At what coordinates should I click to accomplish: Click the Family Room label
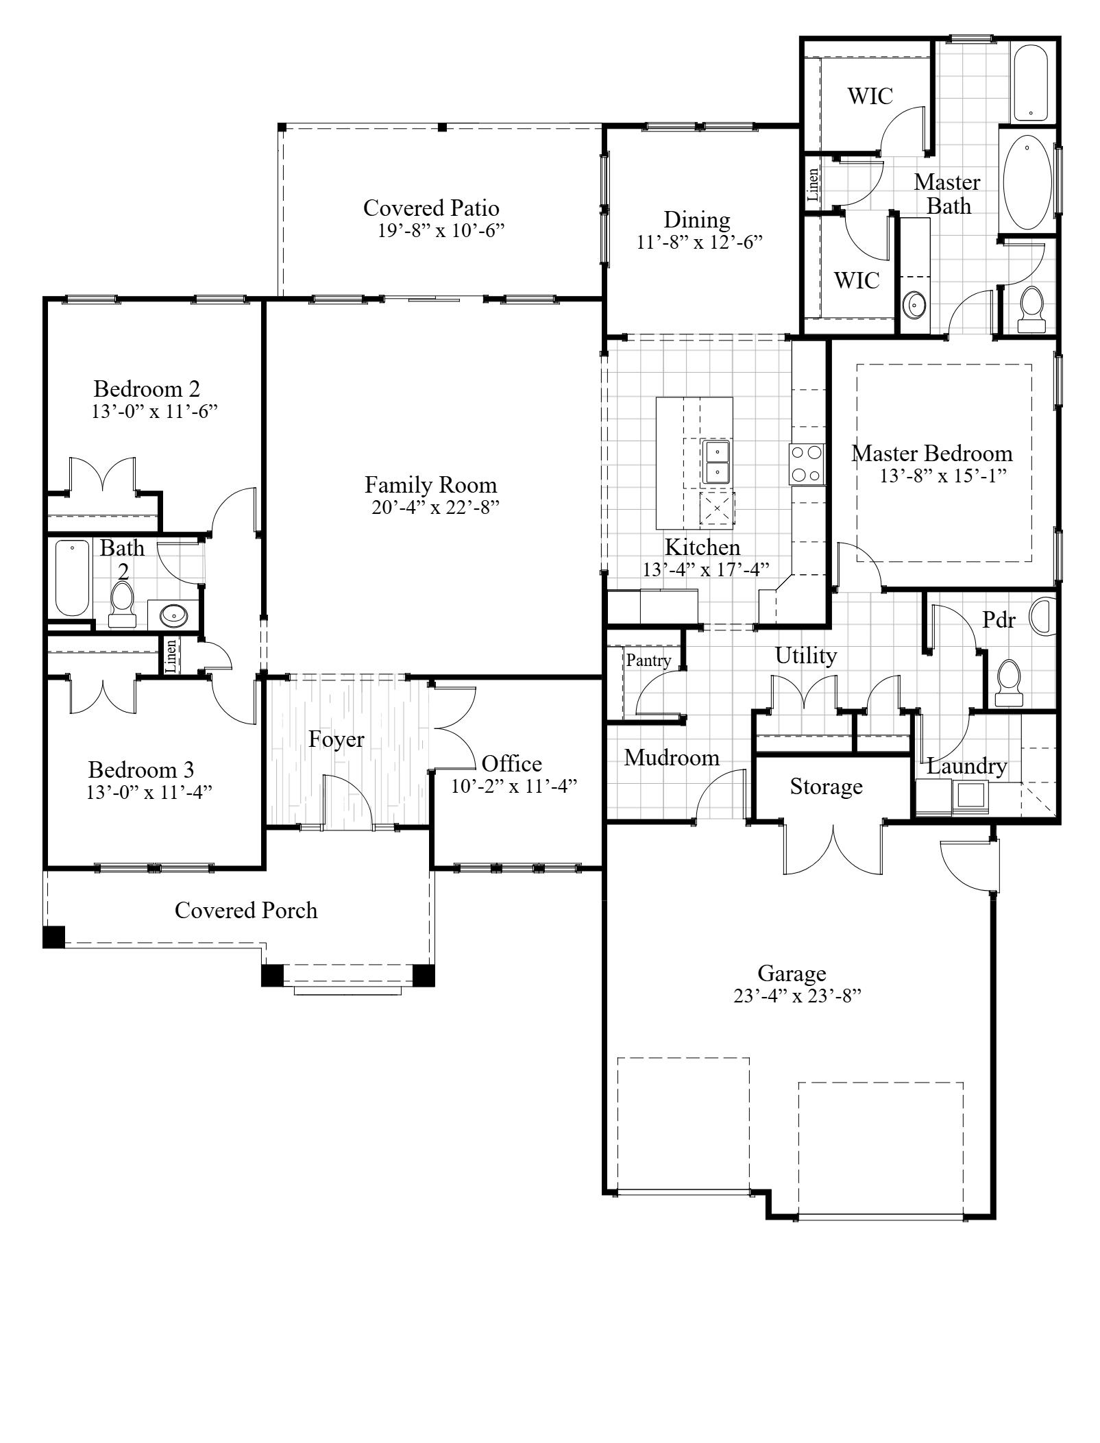[x=430, y=485]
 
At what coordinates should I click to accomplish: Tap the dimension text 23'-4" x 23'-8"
[x=796, y=996]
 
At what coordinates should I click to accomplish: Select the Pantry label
[x=648, y=661]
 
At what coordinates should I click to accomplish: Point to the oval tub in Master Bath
[x=1028, y=183]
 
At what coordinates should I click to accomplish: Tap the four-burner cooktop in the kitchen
[x=806, y=465]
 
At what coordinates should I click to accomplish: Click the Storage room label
[x=826, y=787]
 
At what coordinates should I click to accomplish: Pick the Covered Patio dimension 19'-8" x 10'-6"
[x=441, y=230]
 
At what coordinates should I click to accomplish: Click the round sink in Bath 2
[x=174, y=615]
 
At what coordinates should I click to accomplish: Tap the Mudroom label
[x=672, y=758]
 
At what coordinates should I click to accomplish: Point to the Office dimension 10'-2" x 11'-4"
[x=513, y=786]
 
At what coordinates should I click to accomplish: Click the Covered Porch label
[x=246, y=911]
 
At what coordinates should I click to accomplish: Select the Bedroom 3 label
[x=141, y=769]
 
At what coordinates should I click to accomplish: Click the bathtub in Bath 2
[x=72, y=578]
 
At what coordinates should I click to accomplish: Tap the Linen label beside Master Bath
[x=814, y=184]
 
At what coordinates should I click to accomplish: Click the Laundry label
[x=966, y=766]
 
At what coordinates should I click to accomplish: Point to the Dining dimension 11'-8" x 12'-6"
[x=699, y=243]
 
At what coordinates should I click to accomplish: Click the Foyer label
[x=336, y=740]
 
